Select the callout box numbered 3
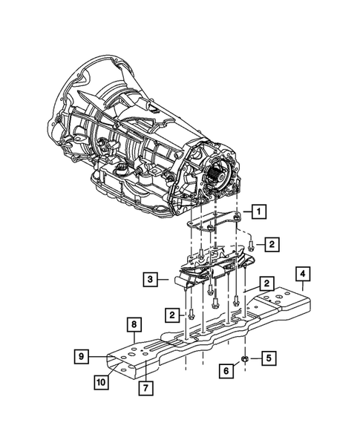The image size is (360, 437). pos(150,280)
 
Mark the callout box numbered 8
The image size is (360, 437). pos(133,324)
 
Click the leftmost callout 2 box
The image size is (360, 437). pos(173,315)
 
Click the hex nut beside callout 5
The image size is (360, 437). pos(246,359)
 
